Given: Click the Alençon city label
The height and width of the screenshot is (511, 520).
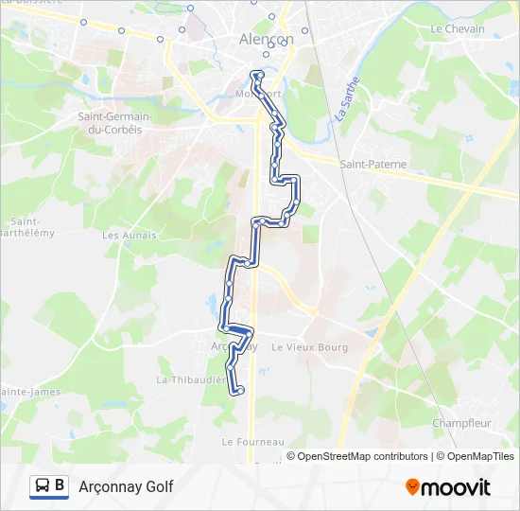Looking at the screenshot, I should tap(261, 40).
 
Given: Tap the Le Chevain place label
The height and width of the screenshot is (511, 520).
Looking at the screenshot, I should tap(457, 29).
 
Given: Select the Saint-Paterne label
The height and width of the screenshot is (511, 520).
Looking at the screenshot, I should tap(373, 165).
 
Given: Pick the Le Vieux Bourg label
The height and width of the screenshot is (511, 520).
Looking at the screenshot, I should tap(309, 347).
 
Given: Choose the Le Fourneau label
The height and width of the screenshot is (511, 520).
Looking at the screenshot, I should tap(252, 442).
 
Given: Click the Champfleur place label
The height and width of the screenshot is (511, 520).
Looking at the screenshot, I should tap(460, 423).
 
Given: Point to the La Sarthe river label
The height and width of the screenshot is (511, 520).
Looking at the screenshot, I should tap(348, 98).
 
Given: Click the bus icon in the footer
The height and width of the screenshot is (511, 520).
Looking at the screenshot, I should tap(43, 486).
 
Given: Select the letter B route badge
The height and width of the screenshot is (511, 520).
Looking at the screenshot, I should tap(61, 486).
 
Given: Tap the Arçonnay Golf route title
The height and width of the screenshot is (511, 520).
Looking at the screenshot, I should tap(126, 486).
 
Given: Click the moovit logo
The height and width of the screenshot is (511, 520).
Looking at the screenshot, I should tap(448, 487).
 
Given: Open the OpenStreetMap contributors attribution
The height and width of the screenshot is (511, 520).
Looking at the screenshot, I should tap(361, 456).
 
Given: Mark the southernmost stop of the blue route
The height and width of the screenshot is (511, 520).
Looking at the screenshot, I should tap(240, 389).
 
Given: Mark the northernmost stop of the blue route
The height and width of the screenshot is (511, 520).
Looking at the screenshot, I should tap(253, 74).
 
